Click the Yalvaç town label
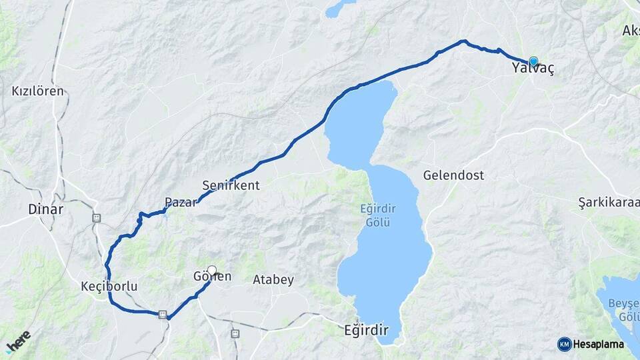coord(533,69)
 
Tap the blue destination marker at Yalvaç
coord(533,61)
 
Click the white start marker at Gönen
coord(212,270)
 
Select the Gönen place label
coord(212,277)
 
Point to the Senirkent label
coord(231,185)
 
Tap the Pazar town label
coord(181,202)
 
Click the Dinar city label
coord(45,209)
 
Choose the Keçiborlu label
coord(109,287)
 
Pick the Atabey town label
coord(273,280)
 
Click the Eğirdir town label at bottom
coord(365,329)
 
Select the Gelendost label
coord(453,176)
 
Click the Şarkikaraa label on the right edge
coord(609,202)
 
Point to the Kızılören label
coord(38,91)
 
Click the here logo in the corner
coord(18,341)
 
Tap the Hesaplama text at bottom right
coord(599,345)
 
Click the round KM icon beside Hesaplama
coord(564,345)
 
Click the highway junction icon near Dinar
coord(97,217)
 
